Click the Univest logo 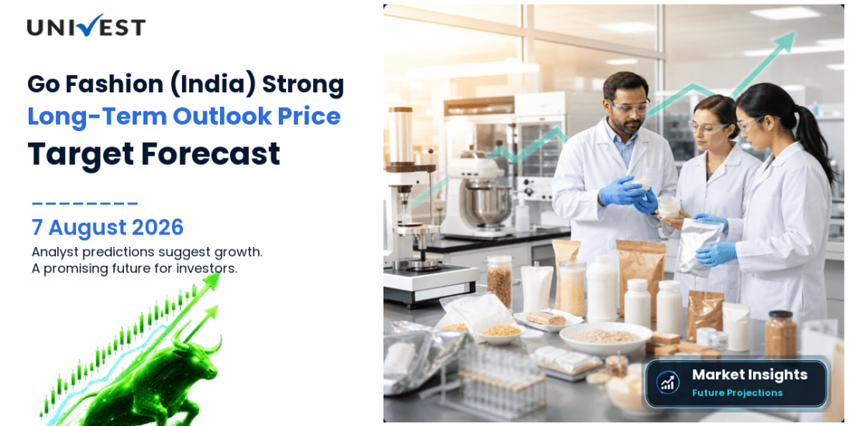tap(86, 26)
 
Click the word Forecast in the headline tap(211, 153)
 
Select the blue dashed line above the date tap(85, 204)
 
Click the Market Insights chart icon tap(668, 383)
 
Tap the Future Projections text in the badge tap(737, 393)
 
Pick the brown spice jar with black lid tap(780, 334)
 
